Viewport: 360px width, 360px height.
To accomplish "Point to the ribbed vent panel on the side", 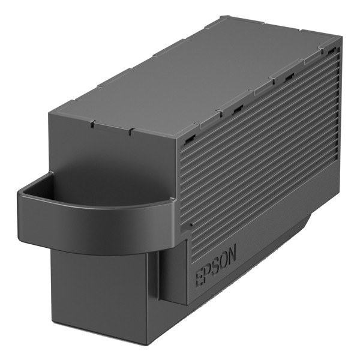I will pyautogui.click(x=258, y=150).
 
